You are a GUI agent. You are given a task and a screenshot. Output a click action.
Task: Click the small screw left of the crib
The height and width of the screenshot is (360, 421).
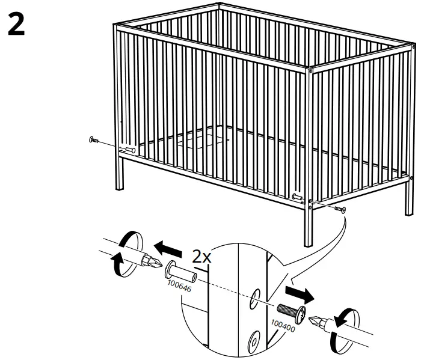[x=94, y=141]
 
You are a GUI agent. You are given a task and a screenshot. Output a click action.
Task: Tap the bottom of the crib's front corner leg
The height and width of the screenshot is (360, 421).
[x=309, y=243]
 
